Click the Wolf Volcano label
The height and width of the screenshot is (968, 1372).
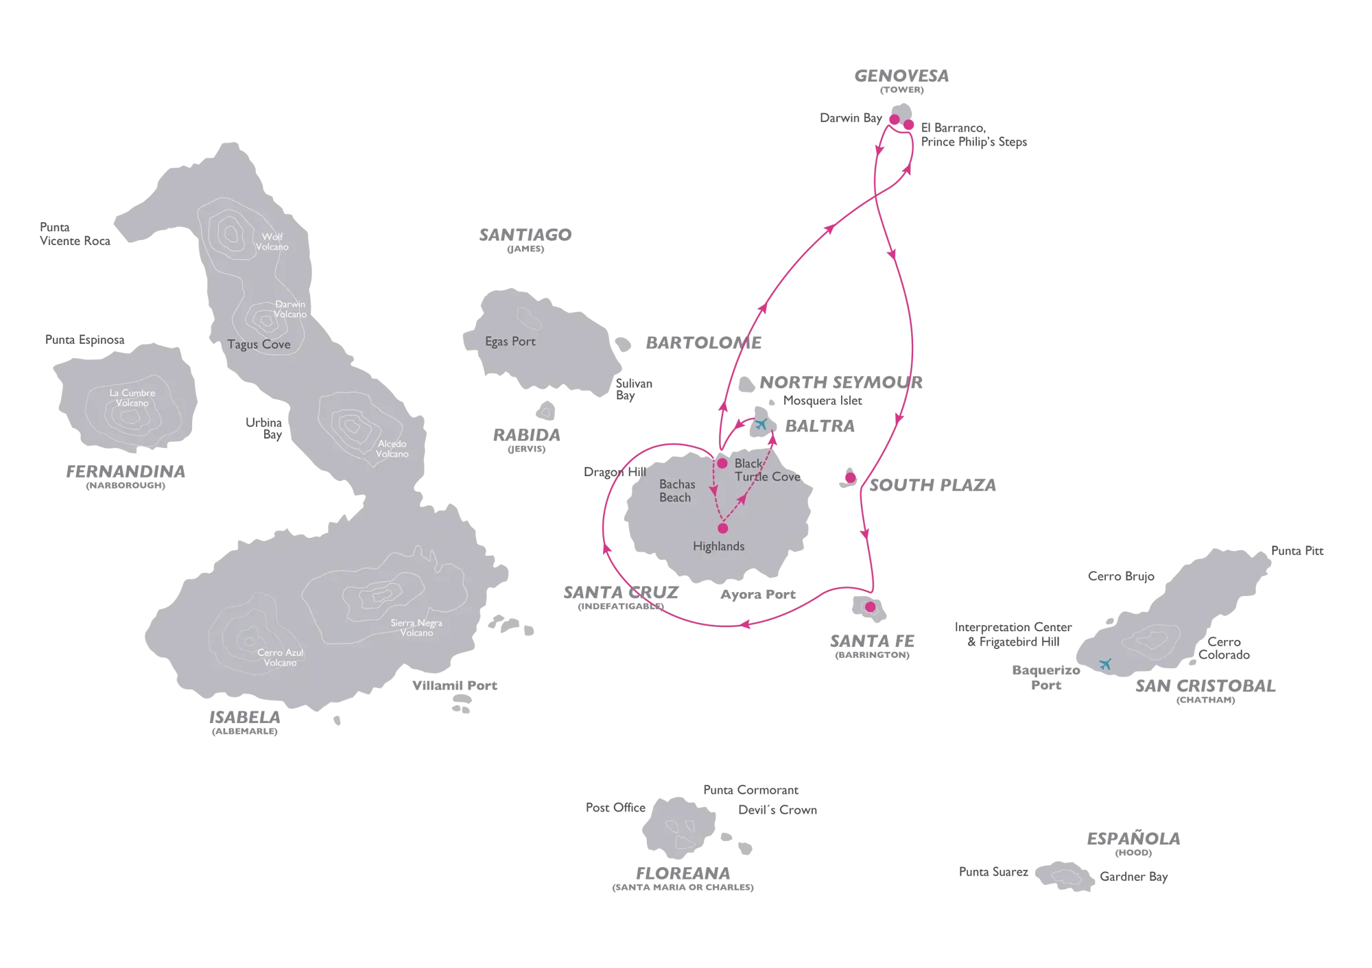(x=272, y=241)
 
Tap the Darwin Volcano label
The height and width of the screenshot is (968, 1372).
(x=290, y=309)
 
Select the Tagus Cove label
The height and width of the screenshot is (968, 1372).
(x=259, y=344)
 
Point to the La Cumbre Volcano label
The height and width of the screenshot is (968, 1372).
(x=132, y=398)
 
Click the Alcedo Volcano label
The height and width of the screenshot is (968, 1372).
(x=392, y=449)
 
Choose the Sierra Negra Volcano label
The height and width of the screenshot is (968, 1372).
(x=416, y=628)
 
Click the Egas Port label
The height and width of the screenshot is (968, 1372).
(x=510, y=342)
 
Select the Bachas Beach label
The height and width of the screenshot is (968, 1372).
(x=676, y=491)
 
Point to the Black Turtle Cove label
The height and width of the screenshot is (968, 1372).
(x=767, y=470)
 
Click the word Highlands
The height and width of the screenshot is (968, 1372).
(x=719, y=547)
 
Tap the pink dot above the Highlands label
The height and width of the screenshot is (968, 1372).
(x=722, y=528)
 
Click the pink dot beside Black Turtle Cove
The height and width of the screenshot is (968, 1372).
(x=722, y=463)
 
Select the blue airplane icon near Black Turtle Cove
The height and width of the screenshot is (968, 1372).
(x=760, y=423)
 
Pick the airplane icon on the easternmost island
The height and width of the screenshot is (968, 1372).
(x=1104, y=663)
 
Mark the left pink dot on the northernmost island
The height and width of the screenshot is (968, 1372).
(x=894, y=120)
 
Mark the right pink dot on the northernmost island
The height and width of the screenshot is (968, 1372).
(x=908, y=125)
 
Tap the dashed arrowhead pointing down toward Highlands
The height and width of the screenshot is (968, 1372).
(x=715, y=491)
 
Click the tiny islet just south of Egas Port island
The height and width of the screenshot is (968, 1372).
(x=545, y=411)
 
